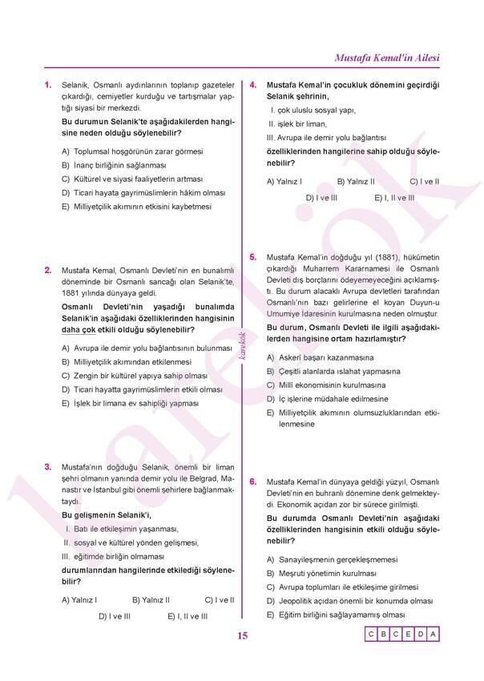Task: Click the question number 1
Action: pyautogui.click(x=48, y=83)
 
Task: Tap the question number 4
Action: pyautogui.click(x=252, y=84)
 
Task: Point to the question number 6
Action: pyautogui.click(x=252, y=482)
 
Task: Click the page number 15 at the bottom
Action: pyautogui.click(x=242, y=636)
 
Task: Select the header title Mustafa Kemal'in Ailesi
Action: pyautogui.click(x=387, y=58)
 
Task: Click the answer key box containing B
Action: pyautogui.click(x=383, y=635)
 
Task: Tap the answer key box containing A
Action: pyautogui.click(x=433, y=635)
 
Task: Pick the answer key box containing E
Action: pyautogui.click(x=408, y=635)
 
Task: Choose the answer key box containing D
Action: pyautogui.click(x=421, y=635)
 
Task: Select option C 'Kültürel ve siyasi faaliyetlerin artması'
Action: pyautogui.click(x=132, y=179)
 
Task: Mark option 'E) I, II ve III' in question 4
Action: pyautogui.click(x=394, y=197)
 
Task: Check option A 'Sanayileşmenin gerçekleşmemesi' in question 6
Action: pyautogui.click(x=332, y=560)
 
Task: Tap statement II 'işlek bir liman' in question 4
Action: pyautogui.click(x=297, y=123)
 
